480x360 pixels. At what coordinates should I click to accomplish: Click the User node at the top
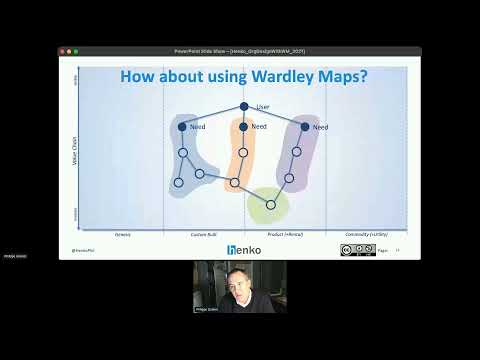(243, 106)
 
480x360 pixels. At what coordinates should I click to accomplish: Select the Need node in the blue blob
(182, 127)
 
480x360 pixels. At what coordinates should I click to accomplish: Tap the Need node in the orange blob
(243, 127)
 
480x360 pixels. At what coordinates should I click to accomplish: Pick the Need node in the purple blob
(305, 127)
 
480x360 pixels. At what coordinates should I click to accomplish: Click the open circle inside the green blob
(270, 204)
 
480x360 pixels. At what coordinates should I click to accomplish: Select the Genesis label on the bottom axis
(122, 234)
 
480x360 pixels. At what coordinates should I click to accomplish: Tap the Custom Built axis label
(204, 234)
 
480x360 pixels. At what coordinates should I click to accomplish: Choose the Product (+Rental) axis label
(285, 234)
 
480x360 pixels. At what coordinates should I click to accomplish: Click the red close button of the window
(64, 50)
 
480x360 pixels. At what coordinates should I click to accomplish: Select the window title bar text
(240, 50)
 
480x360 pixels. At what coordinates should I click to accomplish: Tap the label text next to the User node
(263, 106)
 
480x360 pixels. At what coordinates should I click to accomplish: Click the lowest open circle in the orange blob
(235, 182)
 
